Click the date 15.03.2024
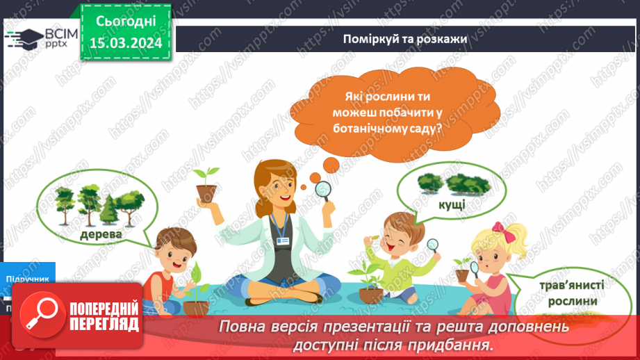click(x=126, y=42)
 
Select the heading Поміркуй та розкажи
click(x=404, y=38)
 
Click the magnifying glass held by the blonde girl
click(x=477, y=268)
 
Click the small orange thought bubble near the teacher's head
click(x=330, y=164)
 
